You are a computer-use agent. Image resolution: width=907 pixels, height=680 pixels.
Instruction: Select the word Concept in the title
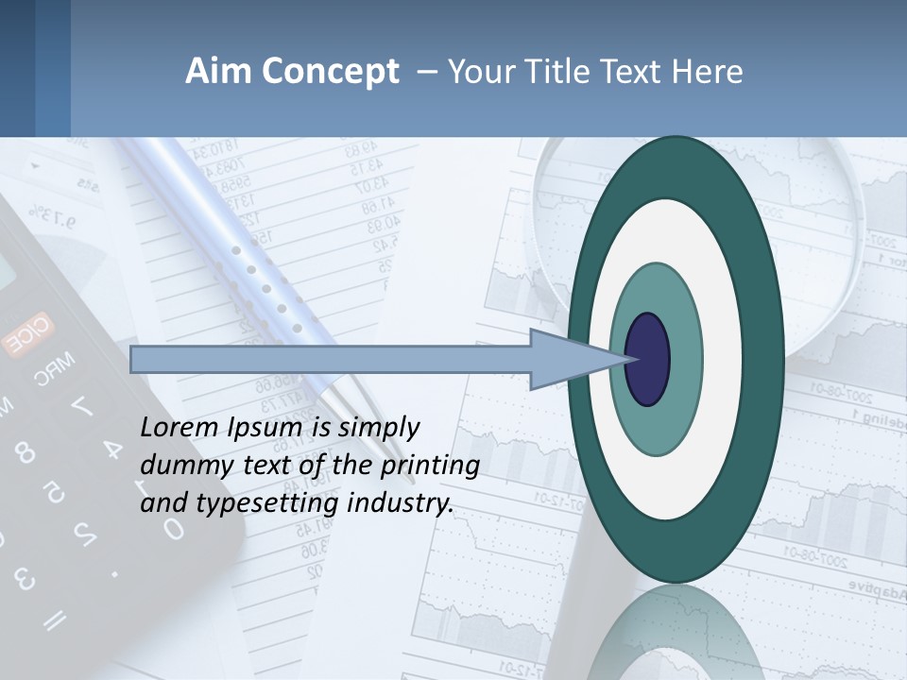point(330,72)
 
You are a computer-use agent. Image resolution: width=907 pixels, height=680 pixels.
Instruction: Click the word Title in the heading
point(568,72)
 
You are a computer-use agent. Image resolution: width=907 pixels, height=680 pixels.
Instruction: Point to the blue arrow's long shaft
point(331,359)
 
